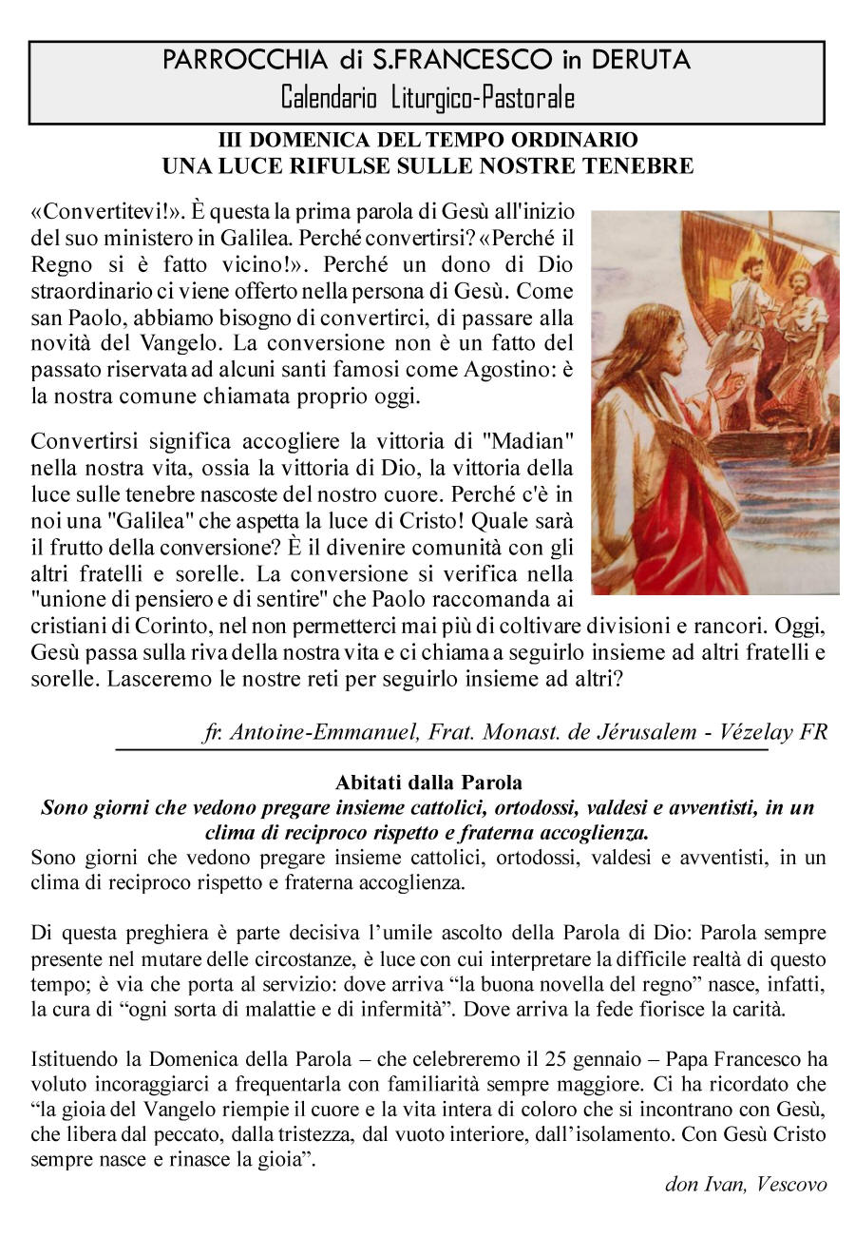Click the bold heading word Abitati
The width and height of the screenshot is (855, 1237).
[x=367, y=783]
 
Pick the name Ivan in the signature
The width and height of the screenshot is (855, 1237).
[x=720, y=1185]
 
